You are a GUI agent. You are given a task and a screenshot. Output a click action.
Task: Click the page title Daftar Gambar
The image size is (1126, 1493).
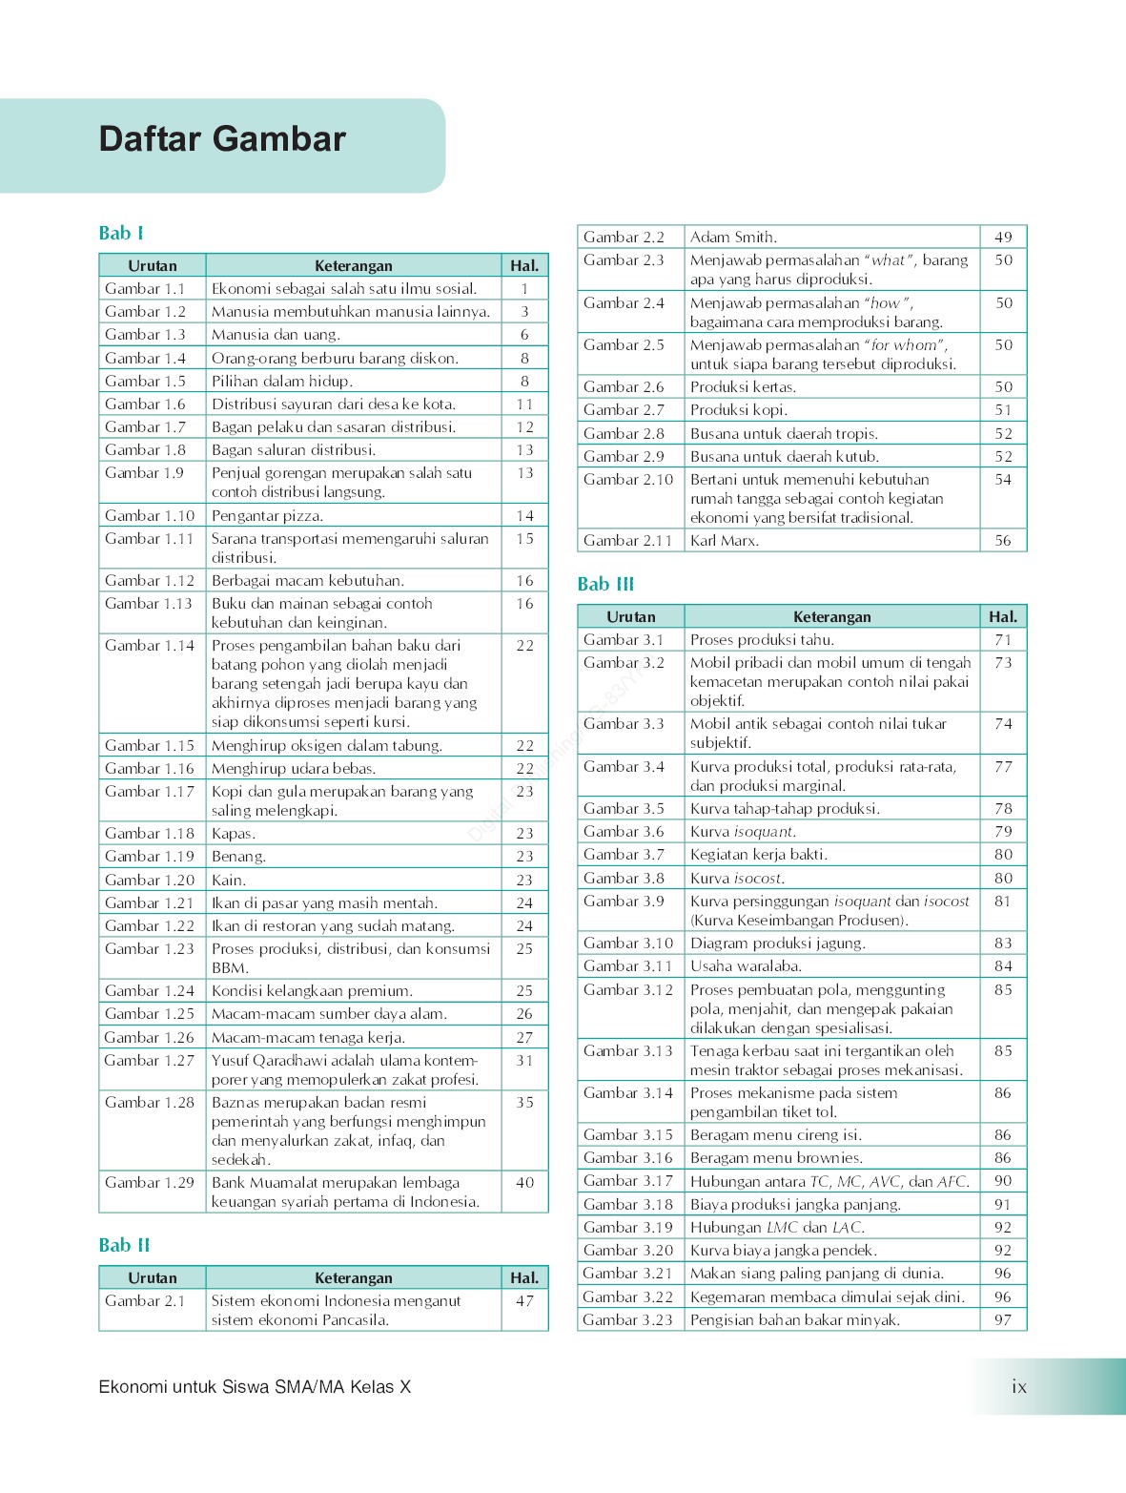222,139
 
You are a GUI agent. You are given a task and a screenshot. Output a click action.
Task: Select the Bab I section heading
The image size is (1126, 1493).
121,233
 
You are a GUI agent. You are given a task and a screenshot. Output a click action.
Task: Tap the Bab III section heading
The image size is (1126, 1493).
605,584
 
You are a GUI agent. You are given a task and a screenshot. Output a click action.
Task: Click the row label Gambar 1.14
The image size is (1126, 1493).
149,646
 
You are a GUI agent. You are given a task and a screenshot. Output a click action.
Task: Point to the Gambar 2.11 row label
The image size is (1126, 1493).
627,541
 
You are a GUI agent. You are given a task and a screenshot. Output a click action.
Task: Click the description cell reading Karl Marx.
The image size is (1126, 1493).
725,541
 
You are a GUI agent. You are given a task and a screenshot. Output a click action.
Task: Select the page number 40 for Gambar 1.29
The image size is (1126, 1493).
524,1183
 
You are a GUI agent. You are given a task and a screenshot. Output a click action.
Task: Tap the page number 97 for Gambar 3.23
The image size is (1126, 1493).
1003,1320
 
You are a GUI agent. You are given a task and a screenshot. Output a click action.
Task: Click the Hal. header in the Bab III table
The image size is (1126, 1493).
1003,617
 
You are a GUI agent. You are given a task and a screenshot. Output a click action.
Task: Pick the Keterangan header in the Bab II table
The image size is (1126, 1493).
354,1278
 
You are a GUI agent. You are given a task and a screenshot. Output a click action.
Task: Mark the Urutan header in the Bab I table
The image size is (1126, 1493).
153,266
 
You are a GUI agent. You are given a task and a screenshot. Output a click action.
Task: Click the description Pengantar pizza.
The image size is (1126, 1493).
267,516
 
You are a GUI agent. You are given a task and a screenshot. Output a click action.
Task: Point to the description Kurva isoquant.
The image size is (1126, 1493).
743,832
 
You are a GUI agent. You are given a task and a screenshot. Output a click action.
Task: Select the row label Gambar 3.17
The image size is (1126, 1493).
627,1181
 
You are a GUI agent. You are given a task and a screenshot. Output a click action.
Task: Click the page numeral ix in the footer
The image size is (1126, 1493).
1019,1387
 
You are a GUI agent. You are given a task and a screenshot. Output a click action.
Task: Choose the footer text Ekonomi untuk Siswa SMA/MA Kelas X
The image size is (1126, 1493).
255,1387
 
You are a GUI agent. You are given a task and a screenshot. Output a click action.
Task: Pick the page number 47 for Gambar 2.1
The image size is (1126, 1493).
524,1301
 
